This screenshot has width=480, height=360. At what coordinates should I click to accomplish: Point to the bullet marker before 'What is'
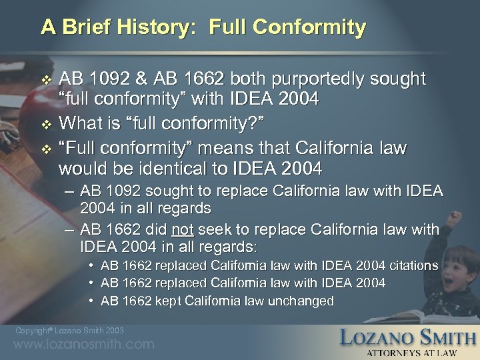45,123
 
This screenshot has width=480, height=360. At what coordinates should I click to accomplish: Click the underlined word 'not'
181,230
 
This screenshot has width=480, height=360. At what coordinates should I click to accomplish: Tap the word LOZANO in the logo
377,337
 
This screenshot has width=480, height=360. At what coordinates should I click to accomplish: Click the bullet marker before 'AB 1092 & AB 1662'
45,80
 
